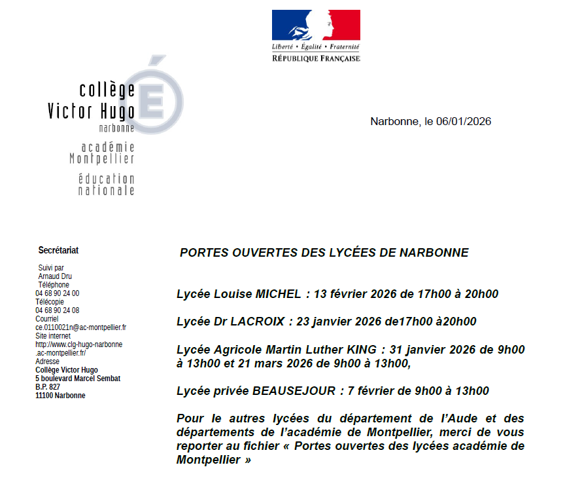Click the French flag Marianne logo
coord(316,25)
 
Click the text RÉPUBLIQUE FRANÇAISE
coord(316,58)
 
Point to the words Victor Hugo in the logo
coord(91,111)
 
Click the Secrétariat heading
coord(59,250)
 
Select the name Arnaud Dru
coord(56,276)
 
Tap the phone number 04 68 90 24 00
coord(58,293)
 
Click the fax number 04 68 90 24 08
coord(58,310)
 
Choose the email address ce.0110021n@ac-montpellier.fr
coord(81,327)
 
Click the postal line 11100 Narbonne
coord(60,396)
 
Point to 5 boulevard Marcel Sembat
coord(78,379)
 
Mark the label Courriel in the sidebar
coord(47,319)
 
